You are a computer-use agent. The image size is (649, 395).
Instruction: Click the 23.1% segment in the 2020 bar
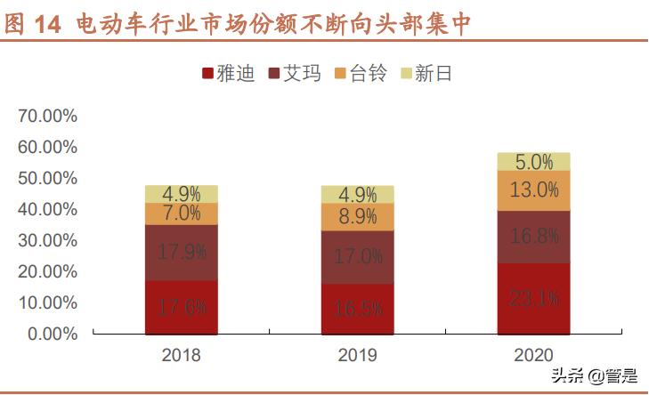533,298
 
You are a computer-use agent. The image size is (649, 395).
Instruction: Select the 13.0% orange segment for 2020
533,189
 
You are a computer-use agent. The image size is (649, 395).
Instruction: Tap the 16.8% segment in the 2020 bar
533,236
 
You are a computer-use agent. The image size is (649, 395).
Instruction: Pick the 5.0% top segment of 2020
533,161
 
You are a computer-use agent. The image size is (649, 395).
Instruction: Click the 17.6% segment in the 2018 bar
181,307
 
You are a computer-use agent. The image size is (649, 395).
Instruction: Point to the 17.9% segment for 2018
181,252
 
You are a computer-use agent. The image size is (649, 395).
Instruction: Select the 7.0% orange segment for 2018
181,214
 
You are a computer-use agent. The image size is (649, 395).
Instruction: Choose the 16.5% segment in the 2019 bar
358,309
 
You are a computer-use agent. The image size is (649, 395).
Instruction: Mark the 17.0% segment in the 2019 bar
358,256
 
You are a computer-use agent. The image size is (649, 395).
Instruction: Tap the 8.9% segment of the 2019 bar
358,216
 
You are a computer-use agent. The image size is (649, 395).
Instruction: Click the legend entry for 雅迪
229,74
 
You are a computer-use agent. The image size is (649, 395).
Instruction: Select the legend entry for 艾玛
294,74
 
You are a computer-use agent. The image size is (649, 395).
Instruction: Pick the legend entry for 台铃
360,74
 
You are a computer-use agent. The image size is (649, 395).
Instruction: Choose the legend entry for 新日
426,74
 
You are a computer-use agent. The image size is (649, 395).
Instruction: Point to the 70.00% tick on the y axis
47,116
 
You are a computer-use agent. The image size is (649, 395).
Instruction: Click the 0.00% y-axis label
52,334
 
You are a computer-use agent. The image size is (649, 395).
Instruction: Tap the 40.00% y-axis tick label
47,209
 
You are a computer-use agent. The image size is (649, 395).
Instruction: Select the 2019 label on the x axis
358,355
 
